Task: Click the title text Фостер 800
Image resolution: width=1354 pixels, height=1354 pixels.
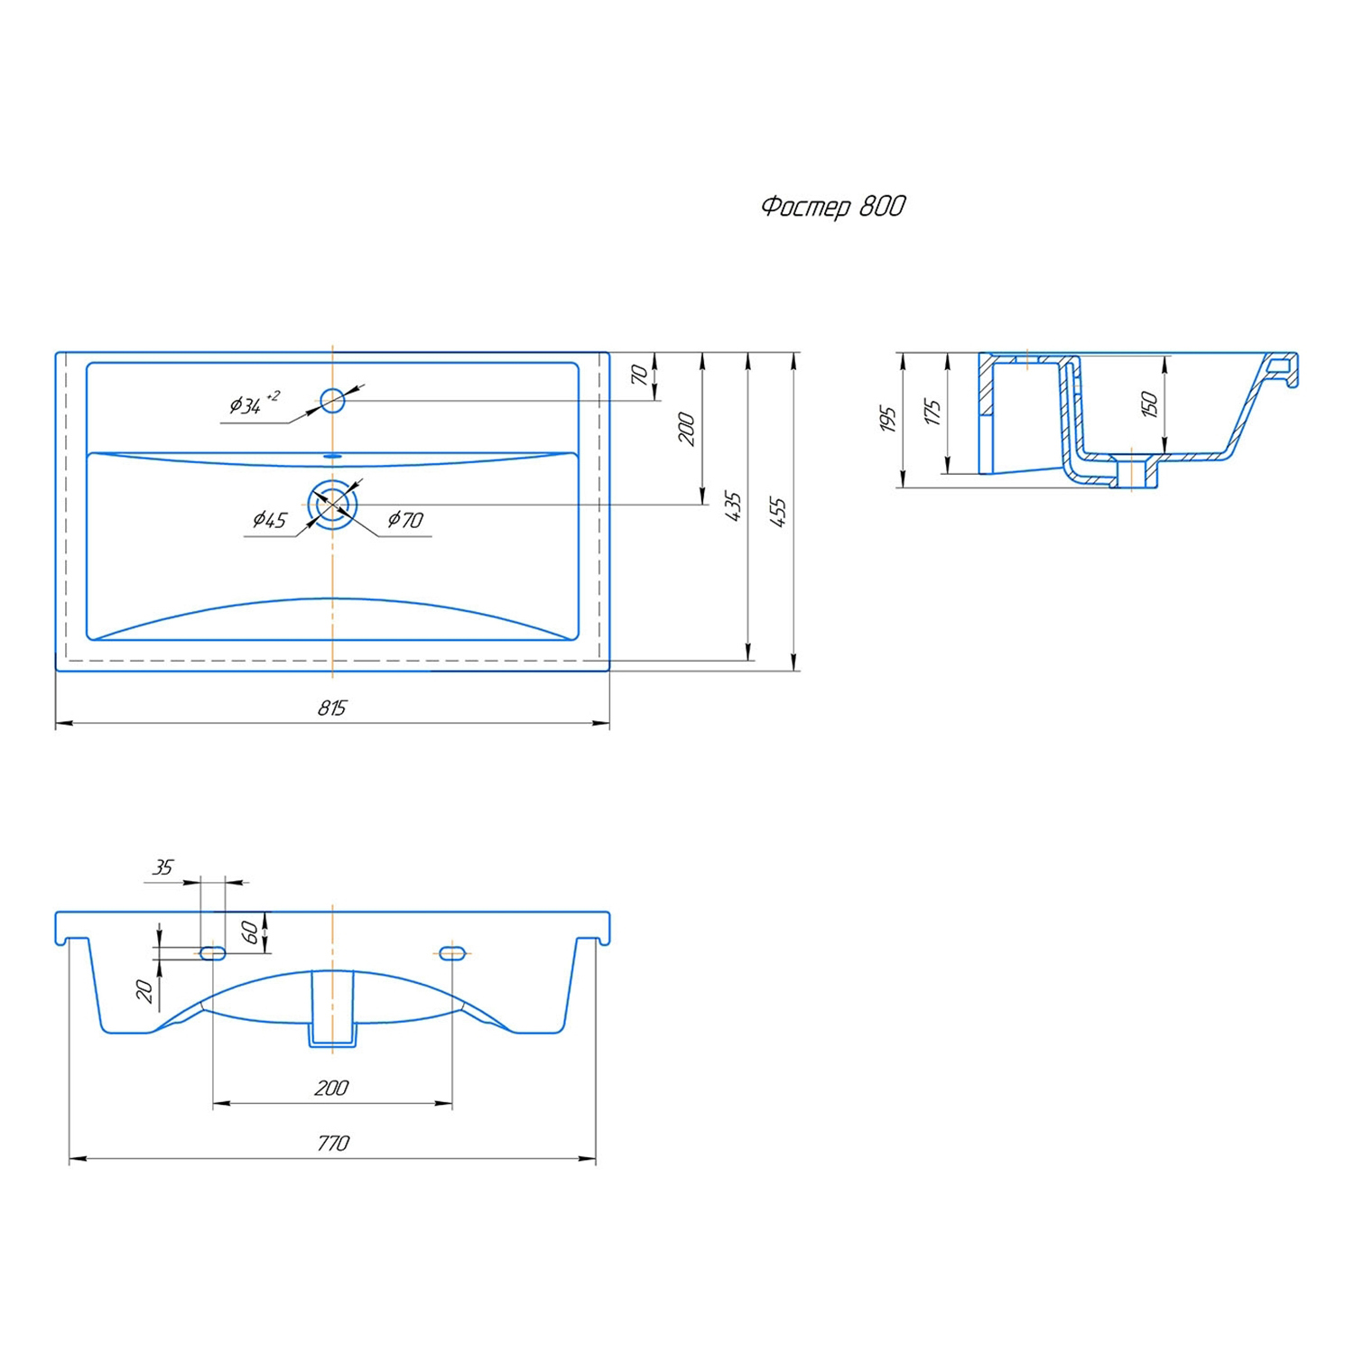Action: (833, 207)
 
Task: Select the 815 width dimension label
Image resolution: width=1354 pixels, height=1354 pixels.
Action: (331, 708)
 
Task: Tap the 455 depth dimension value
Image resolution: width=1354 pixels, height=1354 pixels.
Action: (778, 511)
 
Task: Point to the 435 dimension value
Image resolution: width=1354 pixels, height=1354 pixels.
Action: (733, 505)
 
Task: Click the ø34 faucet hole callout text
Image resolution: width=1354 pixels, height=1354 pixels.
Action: (254, 403)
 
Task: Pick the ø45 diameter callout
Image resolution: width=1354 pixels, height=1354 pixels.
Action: (269, 519)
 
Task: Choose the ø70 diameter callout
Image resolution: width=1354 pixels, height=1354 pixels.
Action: (405, 519)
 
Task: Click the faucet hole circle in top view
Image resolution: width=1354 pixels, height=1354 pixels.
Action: (333, 400)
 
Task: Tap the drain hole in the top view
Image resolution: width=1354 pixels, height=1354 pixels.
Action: (333, 505)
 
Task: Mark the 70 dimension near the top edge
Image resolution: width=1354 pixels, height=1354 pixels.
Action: (638, 374)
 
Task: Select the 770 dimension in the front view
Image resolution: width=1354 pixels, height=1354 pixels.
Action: (332, 1143)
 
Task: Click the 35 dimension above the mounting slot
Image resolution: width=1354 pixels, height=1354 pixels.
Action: (162, 867)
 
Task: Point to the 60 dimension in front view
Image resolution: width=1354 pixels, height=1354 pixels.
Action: (250, 932)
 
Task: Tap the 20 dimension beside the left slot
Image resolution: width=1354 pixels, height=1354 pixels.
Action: (144, 991)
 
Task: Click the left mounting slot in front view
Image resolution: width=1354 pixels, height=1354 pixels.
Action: (213, 952)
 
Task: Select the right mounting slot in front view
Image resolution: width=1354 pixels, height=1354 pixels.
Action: (451, 952)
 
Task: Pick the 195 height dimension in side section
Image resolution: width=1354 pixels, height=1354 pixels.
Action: (887, 419)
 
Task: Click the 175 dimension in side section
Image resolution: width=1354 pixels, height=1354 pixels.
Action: (932, 413)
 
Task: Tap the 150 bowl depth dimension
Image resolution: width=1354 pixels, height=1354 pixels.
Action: (1149, 403)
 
